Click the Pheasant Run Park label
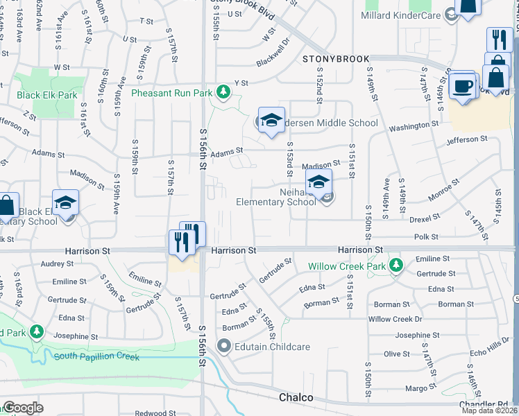coord(171,92)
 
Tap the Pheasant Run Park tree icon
coord(223,91)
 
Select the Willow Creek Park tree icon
coord(396,264)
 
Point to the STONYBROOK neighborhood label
coord(336,60)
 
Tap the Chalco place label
coord(298,398)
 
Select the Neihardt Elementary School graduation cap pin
coord(318,183)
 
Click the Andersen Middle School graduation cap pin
coord(272,119)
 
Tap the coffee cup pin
coord(462,87)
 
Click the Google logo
coord(22,407)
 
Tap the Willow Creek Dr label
coord(395,319)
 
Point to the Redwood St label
coord(151,413)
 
